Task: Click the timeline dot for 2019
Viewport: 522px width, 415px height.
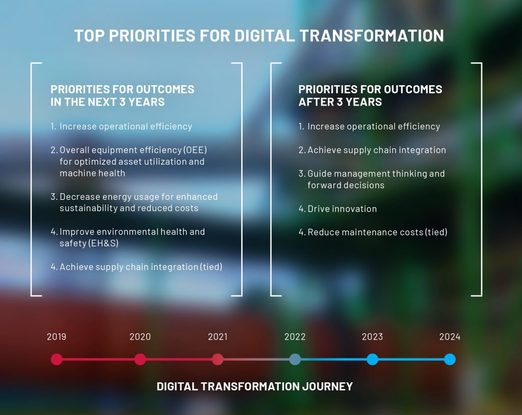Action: [x=57, y=359]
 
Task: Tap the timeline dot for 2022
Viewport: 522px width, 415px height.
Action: [x=295, y=359]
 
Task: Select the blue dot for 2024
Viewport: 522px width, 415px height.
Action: [x=450, y=359]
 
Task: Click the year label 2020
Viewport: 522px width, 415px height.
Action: [x=140, y=336]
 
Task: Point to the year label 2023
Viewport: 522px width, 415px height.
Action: [x=372, y=336]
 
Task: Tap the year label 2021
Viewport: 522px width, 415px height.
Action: [x=218, y=336]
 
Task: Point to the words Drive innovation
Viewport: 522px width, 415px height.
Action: [x=342, y=209]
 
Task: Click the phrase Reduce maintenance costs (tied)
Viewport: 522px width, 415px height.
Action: [x=377, y=232]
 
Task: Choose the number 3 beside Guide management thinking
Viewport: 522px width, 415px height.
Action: [x=301, y=174]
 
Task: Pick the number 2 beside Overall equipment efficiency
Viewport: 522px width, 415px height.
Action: [x=53, y=150]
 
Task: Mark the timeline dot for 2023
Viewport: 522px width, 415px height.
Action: [x=372, y=359]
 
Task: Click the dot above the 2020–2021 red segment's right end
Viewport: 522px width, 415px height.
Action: [x=218, y=359]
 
